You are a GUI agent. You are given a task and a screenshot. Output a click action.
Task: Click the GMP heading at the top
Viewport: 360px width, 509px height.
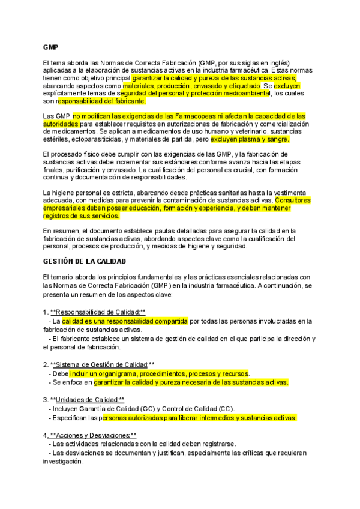(x=50, y=47)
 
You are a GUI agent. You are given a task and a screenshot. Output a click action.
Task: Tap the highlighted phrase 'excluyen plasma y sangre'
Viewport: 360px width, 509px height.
(x=256, y=139)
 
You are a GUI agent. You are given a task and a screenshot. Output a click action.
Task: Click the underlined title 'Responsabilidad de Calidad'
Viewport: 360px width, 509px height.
(x=98, y=312)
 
